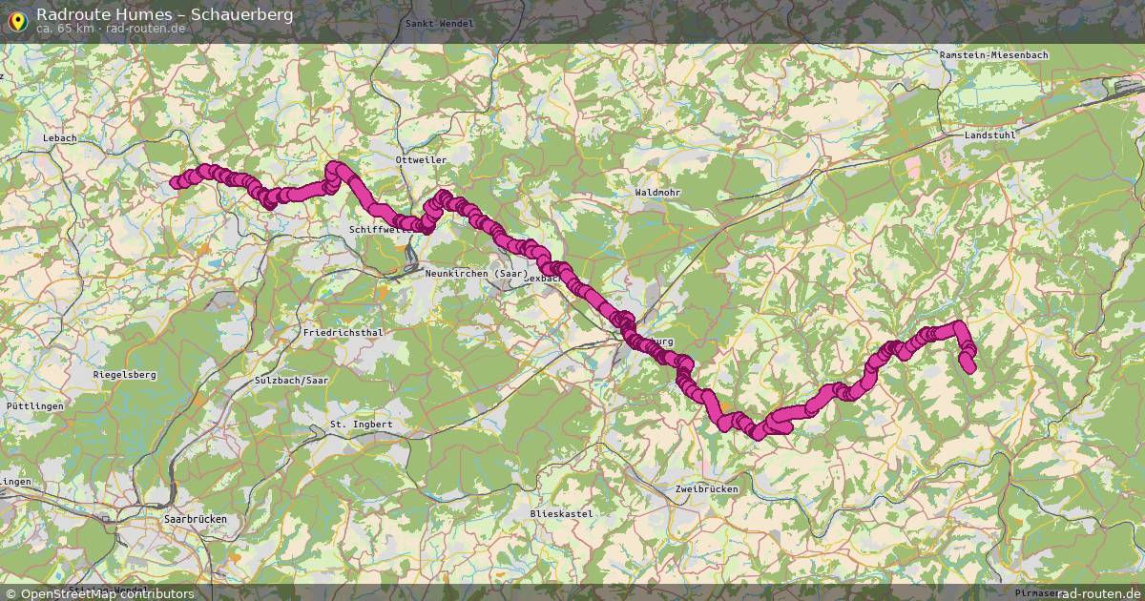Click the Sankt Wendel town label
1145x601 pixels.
tap(439, 23)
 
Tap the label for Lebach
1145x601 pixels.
tap(59, 138)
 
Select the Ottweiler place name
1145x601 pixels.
tap(421, 159)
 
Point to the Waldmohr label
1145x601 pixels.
tap(657, 192)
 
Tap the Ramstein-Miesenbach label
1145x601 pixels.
tap(993, 55)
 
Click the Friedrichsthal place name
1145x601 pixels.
tap(343, 332)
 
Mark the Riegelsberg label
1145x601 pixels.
tap(124, 375)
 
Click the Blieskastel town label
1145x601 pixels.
tap(561, 513)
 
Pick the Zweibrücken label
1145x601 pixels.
tap(706, 488)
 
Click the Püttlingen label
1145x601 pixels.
tap(34, 405)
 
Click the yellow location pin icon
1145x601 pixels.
tap(16, 18)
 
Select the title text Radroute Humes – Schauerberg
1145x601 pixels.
tap(164, 14)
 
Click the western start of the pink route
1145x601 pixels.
tap(176, 182)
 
